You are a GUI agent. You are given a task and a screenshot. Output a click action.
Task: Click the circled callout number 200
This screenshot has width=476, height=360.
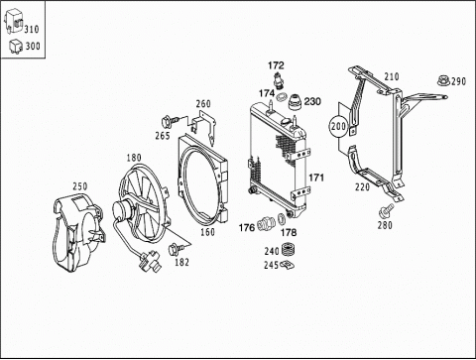click(x=338, y=126)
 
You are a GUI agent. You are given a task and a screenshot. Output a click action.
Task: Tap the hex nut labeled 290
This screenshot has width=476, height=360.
click(x=443, y=80)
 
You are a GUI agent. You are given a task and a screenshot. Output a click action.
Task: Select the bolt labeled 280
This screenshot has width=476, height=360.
click(x=386, y=210)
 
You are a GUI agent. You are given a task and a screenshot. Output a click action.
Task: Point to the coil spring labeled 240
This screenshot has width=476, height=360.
click(x=288, y=250)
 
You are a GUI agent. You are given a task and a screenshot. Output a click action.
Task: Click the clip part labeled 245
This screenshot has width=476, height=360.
click(x=287, y=265)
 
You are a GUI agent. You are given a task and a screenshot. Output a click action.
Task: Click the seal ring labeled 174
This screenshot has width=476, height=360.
click(x=282, y=97)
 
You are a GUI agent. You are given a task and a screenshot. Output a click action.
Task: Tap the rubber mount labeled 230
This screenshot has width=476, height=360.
click(x=296, y=102)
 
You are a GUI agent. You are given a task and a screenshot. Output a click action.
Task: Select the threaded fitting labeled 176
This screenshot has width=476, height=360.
click(x=266, y=223)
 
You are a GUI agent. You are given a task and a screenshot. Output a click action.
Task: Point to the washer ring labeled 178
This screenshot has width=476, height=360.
click(x=282, y=219)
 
